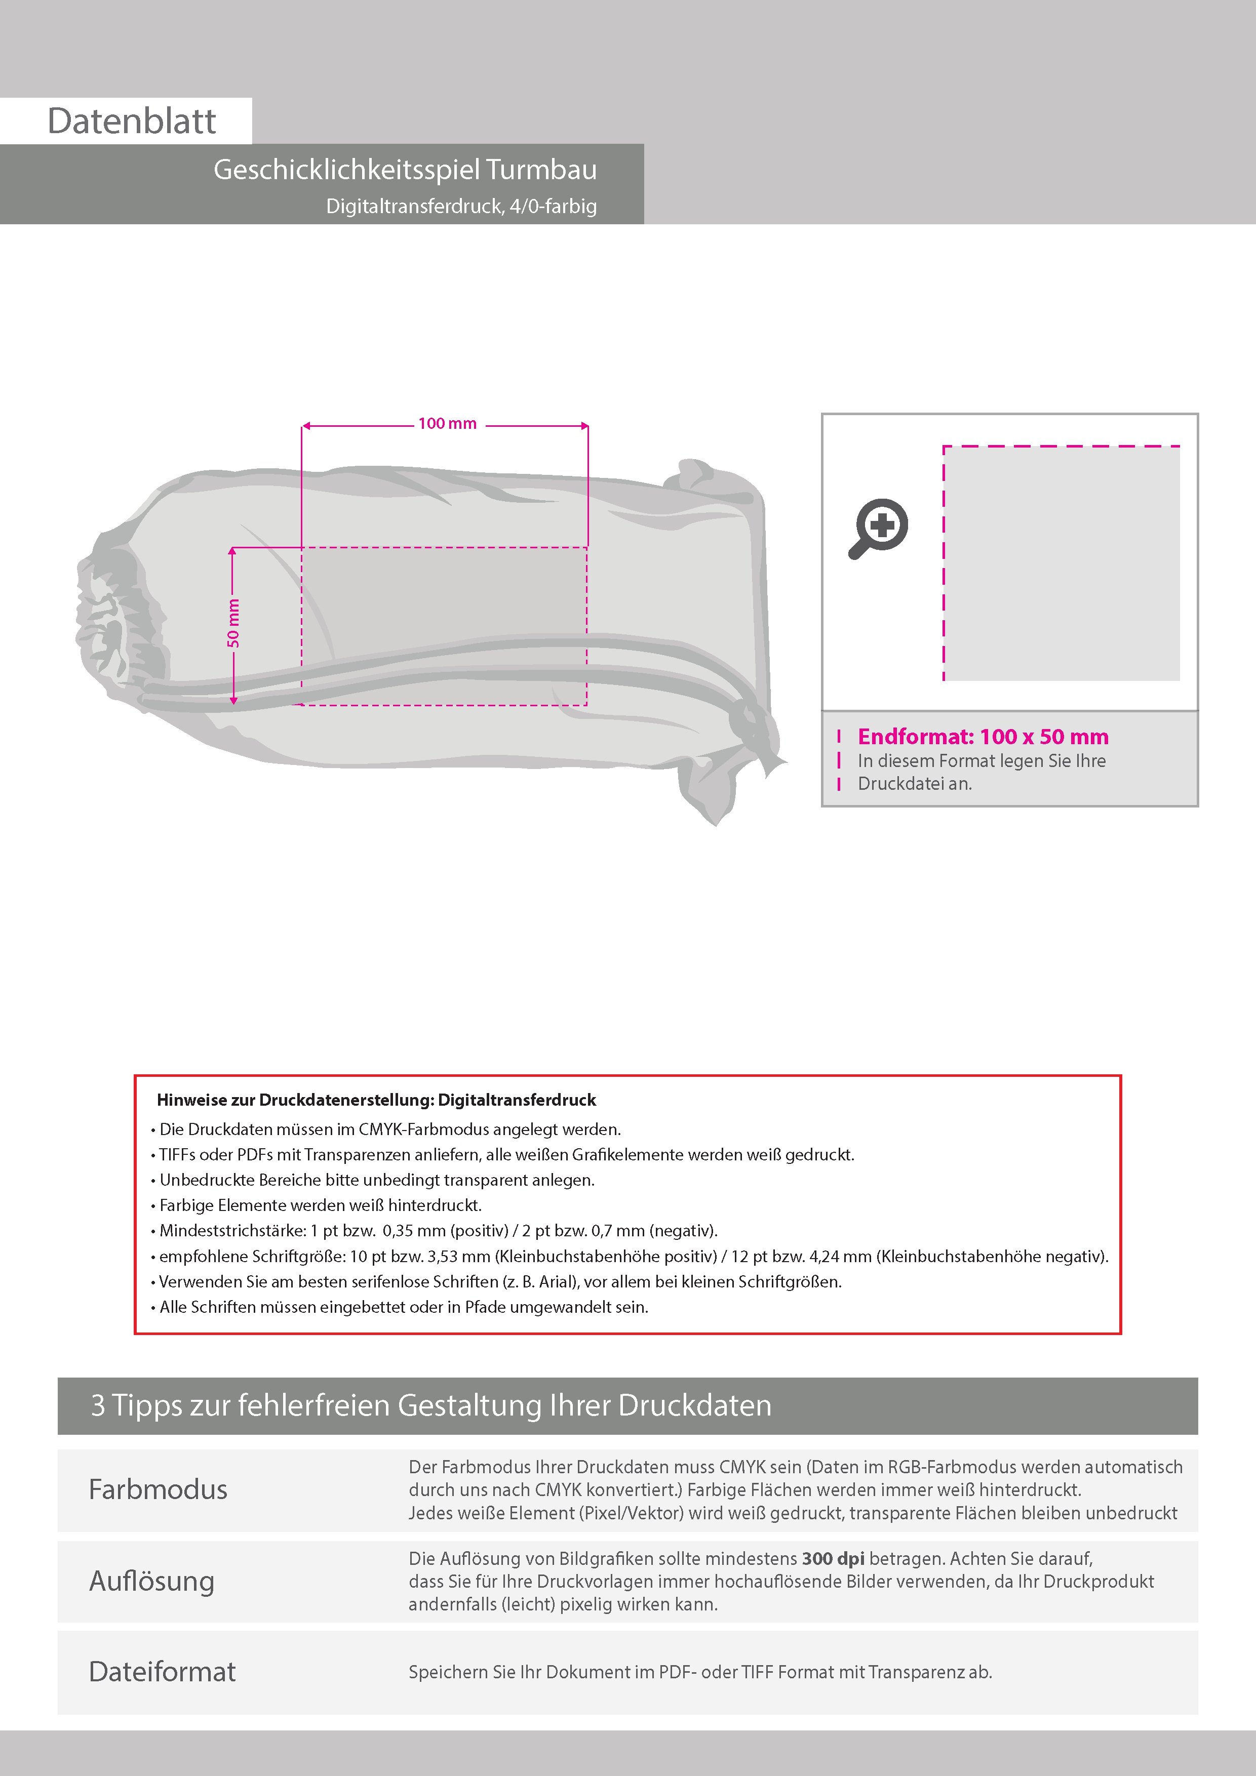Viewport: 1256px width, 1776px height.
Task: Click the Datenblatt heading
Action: [132, 122]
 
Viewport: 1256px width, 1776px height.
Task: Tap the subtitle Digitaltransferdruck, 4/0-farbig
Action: [461, 207]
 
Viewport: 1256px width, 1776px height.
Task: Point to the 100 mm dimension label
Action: [447, 424]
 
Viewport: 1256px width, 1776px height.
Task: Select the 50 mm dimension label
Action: [233, 623]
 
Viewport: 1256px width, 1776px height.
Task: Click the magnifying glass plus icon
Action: [879, 529]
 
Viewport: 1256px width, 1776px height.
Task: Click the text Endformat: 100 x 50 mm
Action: [983, 737]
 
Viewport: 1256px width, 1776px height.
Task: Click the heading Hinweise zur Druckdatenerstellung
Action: [376, 1100]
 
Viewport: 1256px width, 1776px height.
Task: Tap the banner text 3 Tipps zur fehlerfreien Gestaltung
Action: [431, 1405]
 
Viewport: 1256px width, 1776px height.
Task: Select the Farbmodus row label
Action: [158, 1490]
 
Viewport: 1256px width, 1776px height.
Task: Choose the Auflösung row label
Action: [151, 1581]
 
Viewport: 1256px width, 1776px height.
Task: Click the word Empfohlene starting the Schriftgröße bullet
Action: [203, 1256]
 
